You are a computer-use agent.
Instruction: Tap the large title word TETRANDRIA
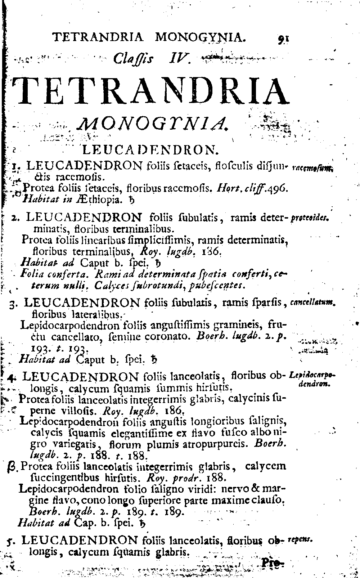click(151, 91)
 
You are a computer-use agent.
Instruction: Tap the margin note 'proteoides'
click(310, 218)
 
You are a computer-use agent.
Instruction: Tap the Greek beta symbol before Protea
click(11, 468)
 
